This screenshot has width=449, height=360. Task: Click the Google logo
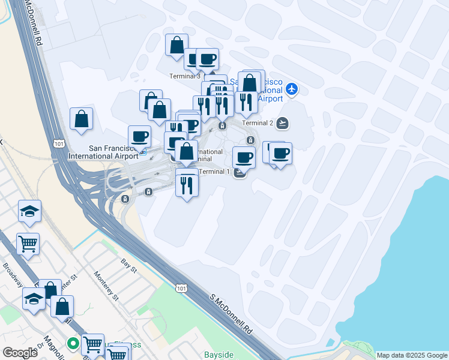pos(20,353)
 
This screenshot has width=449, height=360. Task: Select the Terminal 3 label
pos(185,76)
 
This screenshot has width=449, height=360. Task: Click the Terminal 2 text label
pos(258,124)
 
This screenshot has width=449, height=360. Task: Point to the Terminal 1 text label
pos(214,172)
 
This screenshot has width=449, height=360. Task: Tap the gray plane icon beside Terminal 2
pos(283,124)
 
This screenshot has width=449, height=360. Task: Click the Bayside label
pos(218,355)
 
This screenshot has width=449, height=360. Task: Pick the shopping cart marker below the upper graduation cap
pos(28,244)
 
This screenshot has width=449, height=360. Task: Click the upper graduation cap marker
pos(29,211)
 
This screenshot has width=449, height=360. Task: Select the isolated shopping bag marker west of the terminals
pos(82,119)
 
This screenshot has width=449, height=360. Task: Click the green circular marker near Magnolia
pos(73,344)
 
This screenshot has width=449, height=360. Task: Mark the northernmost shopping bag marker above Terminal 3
pos(177,45)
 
